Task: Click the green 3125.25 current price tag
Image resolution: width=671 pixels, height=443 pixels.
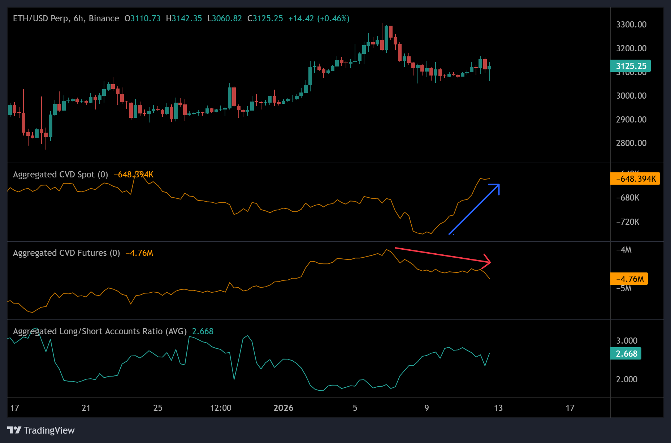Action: (631, 66)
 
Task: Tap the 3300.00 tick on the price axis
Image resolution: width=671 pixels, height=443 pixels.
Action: (631, 25)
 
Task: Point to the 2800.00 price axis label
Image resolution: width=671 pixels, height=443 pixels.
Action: (631, 143)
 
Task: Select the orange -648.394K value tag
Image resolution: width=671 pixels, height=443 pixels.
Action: (635, 179)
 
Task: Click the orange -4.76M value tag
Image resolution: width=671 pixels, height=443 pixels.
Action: (629, 279)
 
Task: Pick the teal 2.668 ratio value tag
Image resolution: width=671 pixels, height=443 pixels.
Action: (626, 354)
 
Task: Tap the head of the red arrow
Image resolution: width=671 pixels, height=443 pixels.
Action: (490, 262)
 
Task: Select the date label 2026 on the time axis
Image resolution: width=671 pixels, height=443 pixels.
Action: (283, 408)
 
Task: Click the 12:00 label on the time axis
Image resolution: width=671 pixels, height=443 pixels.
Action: (221, 408)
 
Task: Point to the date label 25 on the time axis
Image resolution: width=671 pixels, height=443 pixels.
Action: (158, 408)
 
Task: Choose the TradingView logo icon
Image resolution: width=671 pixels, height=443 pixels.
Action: (14, 430)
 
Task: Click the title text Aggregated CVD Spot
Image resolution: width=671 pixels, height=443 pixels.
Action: (54, 175)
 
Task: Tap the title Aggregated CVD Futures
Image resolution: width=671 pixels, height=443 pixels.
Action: (60, 253)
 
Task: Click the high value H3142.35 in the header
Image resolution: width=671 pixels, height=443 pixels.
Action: (184, 18)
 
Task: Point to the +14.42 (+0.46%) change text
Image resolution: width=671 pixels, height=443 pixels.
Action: (319, 18)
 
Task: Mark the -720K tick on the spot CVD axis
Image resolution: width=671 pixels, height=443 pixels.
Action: (628, 222)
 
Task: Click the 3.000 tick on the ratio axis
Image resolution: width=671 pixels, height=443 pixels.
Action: (627, 341)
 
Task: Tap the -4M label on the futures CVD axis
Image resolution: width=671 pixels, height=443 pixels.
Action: (624, 250)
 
